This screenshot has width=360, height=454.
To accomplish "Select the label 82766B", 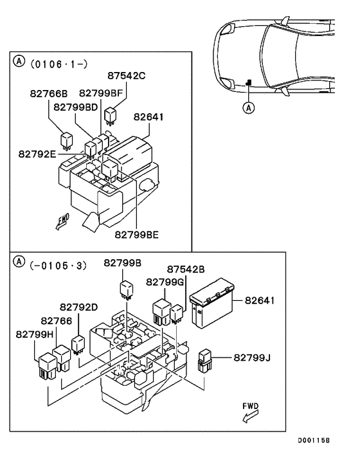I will click(x=48, y=94).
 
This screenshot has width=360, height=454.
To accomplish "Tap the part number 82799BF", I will click(x=100, y=94).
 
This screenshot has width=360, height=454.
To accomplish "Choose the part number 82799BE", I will click(x=137, y=235).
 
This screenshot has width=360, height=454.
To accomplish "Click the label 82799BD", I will click(x=76, y=106).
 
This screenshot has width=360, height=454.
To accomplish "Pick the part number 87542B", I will click(x=186, y=269).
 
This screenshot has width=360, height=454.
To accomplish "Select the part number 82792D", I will click(x=79, y=307).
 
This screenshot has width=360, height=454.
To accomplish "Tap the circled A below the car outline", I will click(x=249, y=108).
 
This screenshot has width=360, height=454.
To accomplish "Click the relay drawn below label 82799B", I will click(x=125, y=289).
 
